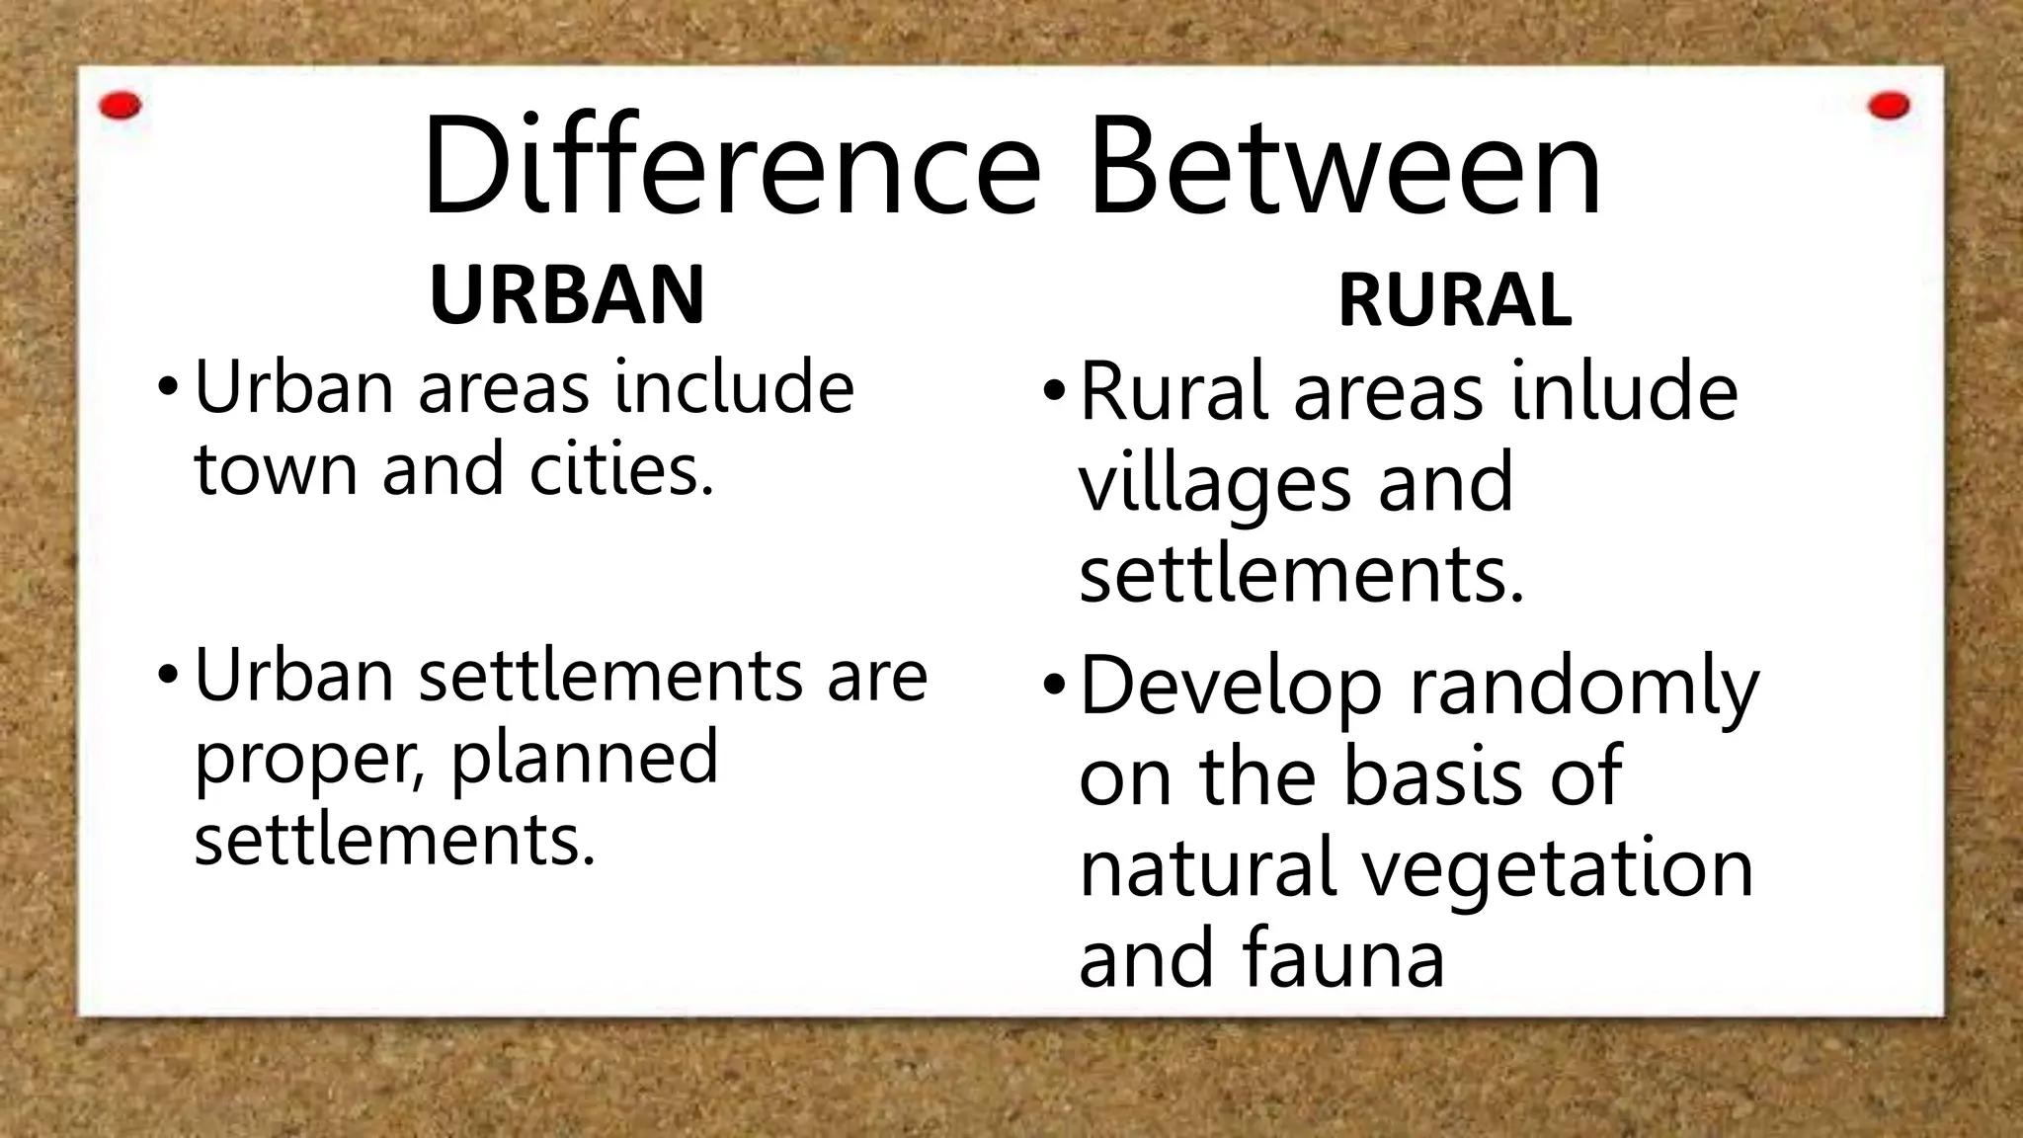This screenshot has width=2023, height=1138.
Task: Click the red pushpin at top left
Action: (121, 106)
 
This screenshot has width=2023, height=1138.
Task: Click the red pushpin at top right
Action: (1889, 106)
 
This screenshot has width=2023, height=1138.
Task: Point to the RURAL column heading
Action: (1454, 300)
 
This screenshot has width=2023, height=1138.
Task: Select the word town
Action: (276, 468)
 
